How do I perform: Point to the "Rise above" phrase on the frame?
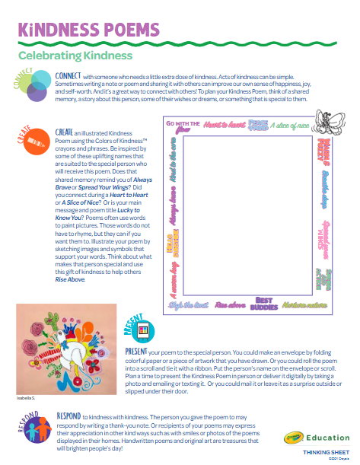pyautogui.click(x=230, y=304)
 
